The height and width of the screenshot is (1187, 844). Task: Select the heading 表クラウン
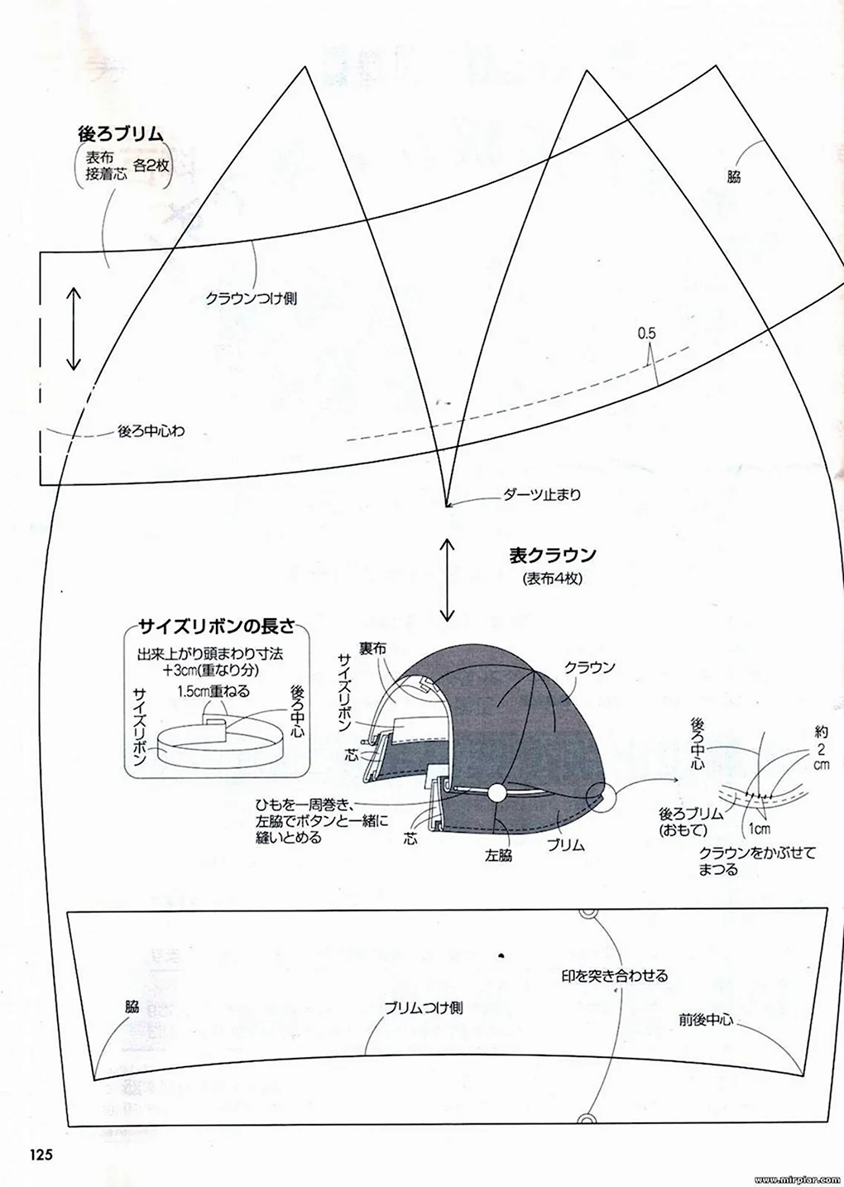[553, 555]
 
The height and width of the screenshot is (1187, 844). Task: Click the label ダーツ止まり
[541, 495]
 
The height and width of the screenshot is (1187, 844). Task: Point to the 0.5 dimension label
[646, 334]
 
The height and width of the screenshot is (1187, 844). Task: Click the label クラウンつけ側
[252, 299]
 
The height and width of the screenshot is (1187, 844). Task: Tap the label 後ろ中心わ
[151, 431]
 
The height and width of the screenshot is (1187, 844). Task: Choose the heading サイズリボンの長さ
[216, 627]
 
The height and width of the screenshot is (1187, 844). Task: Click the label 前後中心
[707, 1020]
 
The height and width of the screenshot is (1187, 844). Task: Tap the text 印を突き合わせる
[615, 976]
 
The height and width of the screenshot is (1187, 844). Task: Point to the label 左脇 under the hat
[499, 856]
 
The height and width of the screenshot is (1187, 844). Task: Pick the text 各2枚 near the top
[151, 166]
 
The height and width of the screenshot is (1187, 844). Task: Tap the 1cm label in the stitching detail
[760, 829]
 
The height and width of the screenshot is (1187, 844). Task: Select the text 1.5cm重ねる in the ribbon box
[213, 691]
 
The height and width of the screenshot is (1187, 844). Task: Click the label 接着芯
[107, 173]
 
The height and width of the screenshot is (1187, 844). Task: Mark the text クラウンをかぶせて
[757, 853]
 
